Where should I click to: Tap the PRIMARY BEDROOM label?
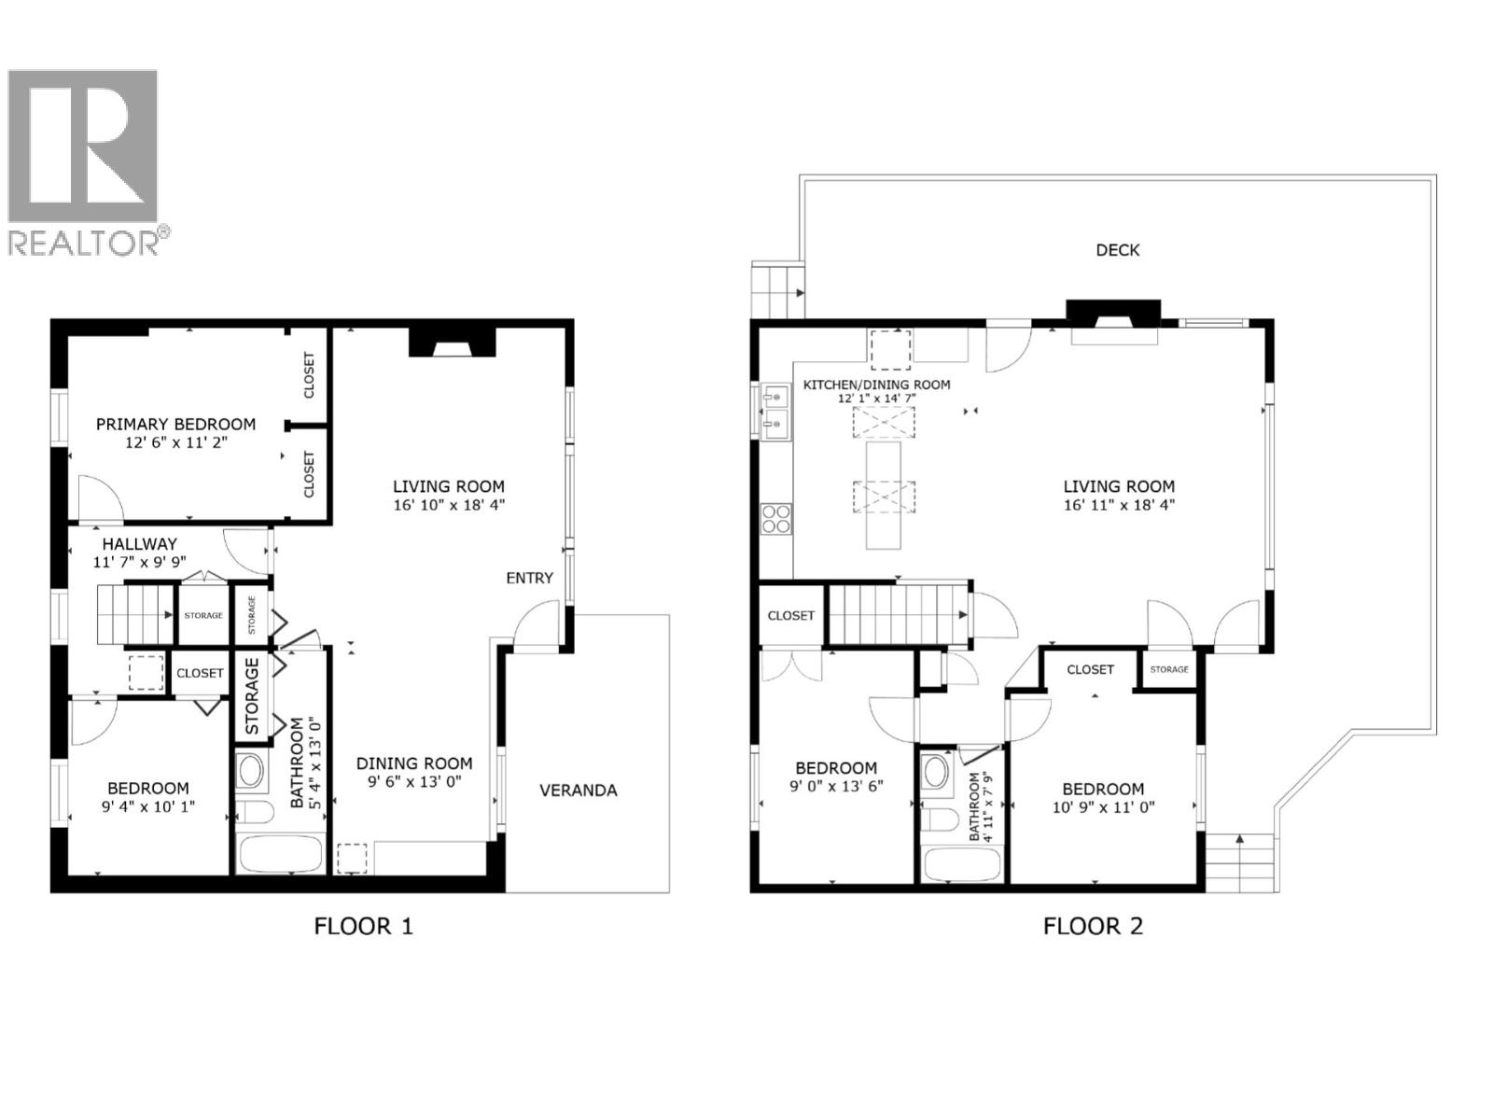click(x=175, y=425)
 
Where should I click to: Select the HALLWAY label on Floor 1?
click(x=139, y=544)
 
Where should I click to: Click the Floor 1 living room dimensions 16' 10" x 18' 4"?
click(x=449, y=506)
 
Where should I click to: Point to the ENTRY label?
click(x=529, y=578)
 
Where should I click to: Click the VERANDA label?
click(x=578, y=791)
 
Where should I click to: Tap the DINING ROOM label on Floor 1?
click(x=414, y=763)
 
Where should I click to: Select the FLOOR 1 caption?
click(x=363, y=926)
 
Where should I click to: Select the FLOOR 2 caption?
click(x=1093, y=926)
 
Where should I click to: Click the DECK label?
click(x=1117, y=250)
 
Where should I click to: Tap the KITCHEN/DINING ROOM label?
click(x=876, y=385)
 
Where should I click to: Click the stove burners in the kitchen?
click(x=776, y=518)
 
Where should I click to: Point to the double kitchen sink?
click(x=774, y=412)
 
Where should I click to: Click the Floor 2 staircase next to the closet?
click(x=896, y=614)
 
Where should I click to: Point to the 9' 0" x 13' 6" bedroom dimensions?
click(x=835, y=786)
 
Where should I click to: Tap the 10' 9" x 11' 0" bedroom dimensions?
click(x=1103, y=807)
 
